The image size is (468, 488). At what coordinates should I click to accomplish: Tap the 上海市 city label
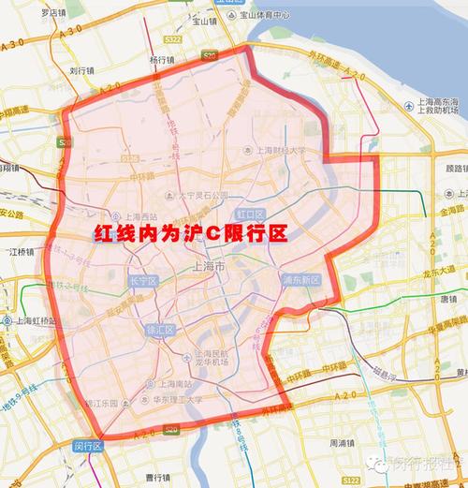pos(208,268)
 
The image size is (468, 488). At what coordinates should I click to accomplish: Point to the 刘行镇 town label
pos(84,69)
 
